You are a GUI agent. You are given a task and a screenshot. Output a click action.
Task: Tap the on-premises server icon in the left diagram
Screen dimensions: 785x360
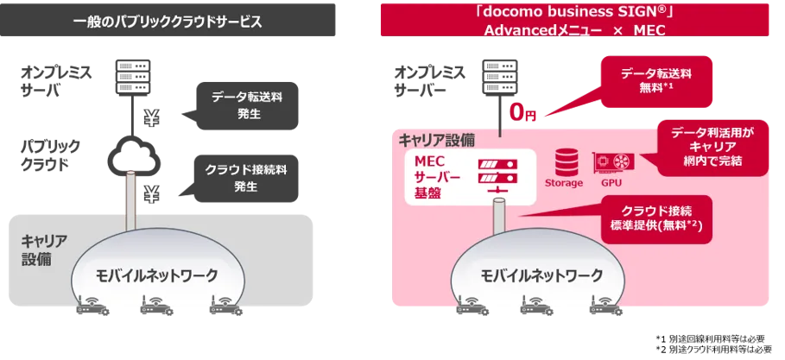click(x=133, y=77)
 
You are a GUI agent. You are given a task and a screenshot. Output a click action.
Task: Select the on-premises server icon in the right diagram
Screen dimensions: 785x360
click(x=501, y=77)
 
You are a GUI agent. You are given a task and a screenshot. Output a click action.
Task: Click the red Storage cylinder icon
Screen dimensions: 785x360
click(x=563, y=161)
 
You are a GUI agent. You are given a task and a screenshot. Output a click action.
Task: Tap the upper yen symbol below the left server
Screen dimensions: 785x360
click(x=151, y=118)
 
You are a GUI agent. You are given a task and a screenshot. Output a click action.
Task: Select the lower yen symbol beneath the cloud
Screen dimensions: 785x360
click(x=151, y=193)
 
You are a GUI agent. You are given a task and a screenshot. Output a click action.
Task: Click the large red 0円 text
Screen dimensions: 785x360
click(x=522, y=112)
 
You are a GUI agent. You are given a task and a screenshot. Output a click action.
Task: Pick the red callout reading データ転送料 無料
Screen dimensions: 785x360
click(x=656, y=82)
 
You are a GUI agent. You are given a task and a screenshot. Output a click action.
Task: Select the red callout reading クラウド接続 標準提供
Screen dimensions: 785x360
click(x=655, y=218)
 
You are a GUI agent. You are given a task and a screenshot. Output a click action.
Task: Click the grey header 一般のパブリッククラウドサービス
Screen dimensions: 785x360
click(x=168, y=21)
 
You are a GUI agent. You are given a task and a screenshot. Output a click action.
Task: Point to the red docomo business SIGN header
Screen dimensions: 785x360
click(x=574, y=20)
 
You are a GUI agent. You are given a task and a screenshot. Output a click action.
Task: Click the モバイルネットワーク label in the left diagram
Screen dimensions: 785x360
click(x=156, y=275)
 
